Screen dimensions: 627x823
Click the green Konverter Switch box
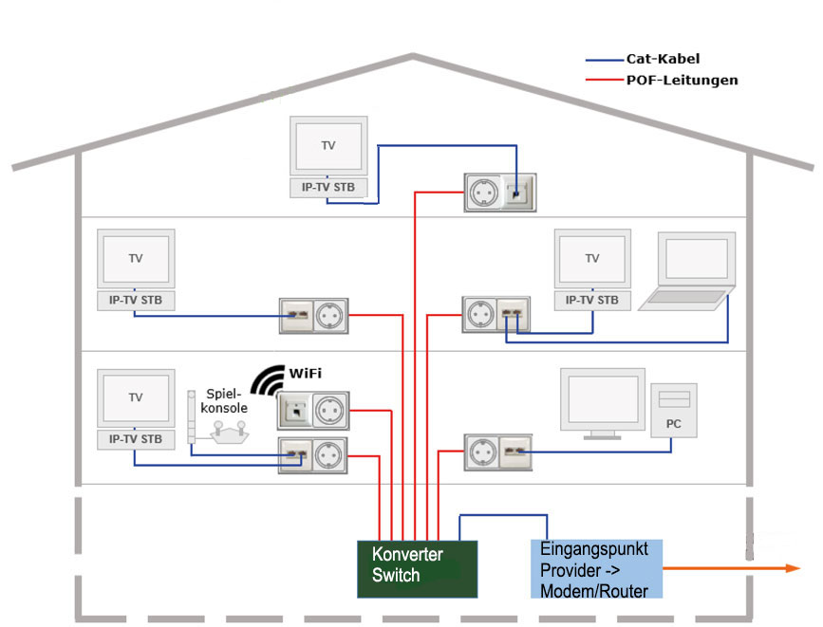[x=417, y=568]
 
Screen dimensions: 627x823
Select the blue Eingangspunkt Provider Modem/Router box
[x=595, y=569]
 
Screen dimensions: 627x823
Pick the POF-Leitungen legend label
[x=681, y=81]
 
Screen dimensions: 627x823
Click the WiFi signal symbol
[x=271, y=378]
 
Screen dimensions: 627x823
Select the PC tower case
[x=673, y=410]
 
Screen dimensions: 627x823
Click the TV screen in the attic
[x=328, y=146]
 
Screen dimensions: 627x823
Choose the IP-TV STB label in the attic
[x=328, y=188]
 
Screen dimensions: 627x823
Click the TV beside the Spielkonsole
[x=136, y=397]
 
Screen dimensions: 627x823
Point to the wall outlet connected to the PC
[x=497, y=452]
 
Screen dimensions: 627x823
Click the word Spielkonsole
[x=229, y=399]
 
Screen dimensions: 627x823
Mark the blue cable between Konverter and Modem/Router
[x=503, y=516]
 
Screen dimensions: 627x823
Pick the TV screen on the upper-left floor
[x=136, y=258]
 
